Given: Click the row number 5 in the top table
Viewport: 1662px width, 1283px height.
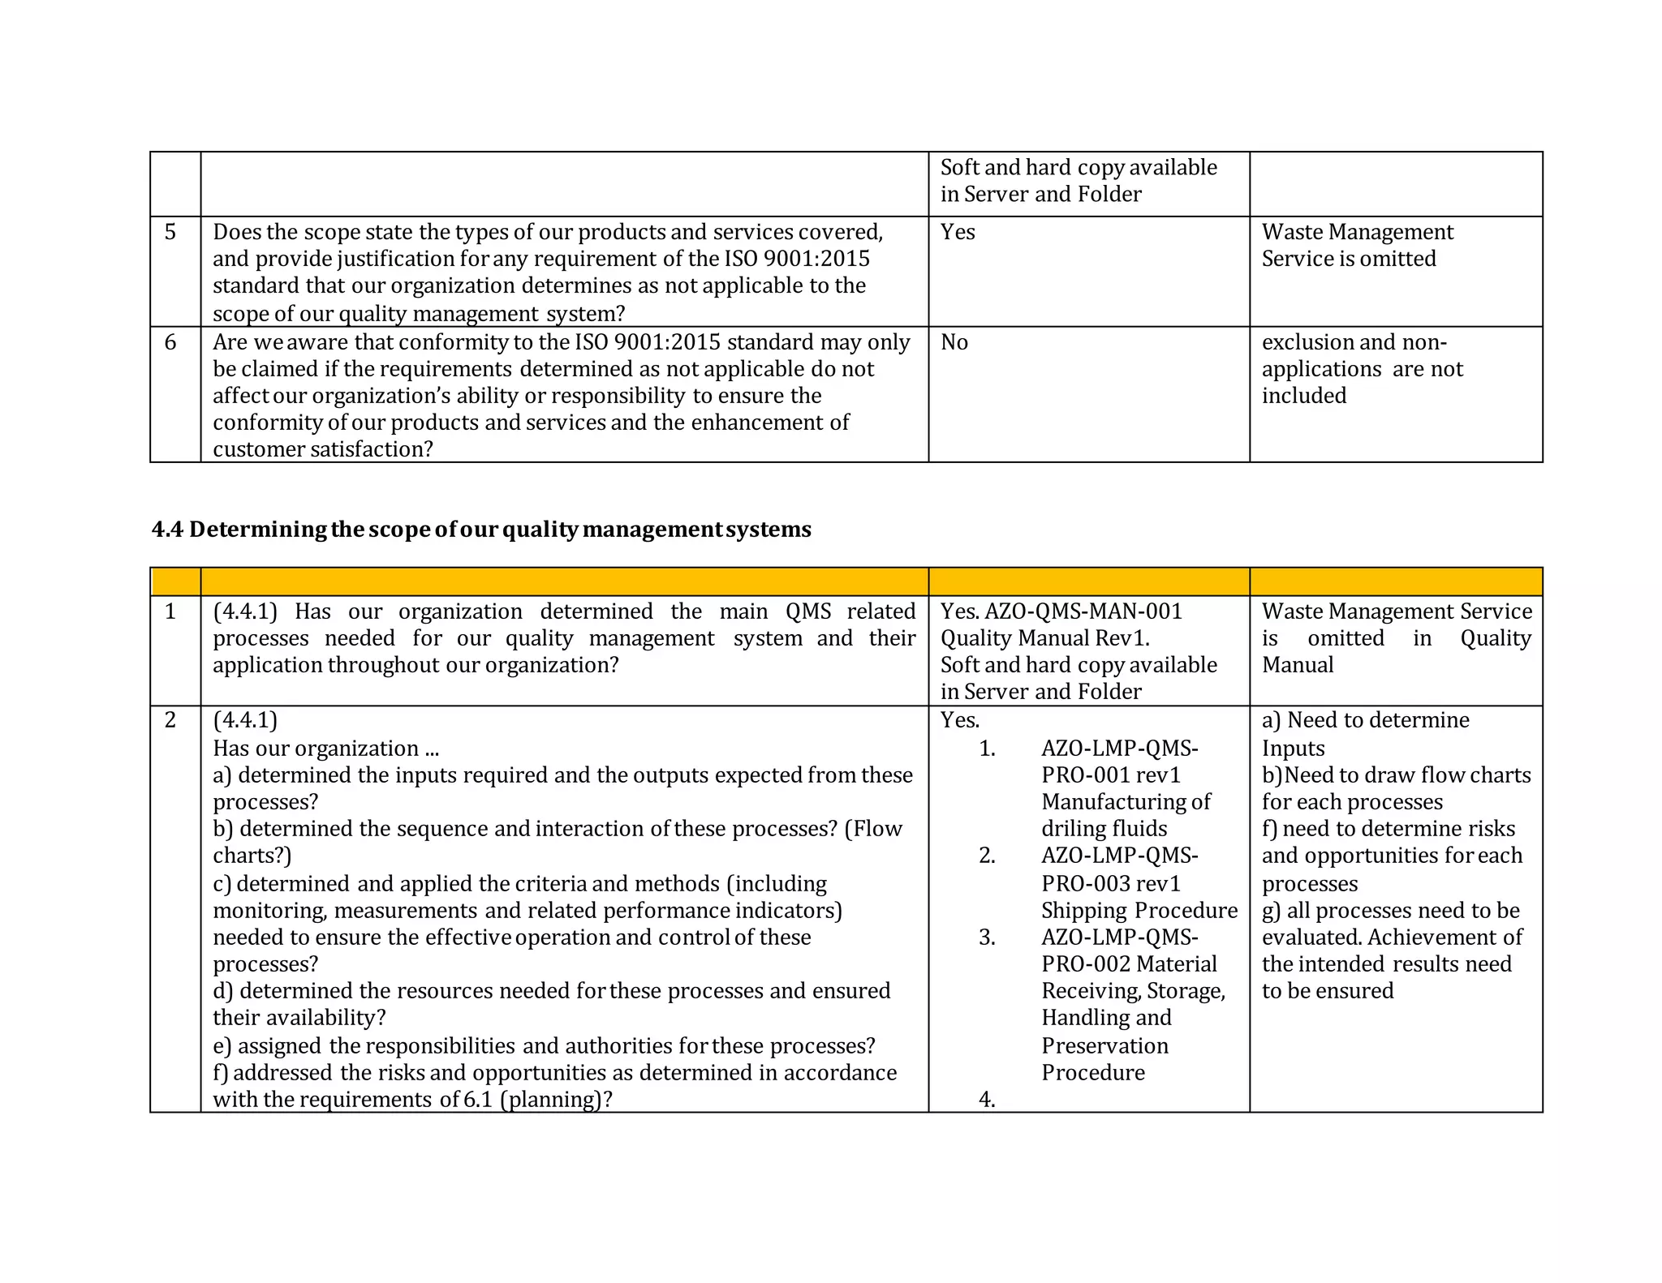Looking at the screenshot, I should pyautogui.click(x=170, y=232).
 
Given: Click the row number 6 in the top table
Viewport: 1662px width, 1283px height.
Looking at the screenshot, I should pyautogui.click(x=170, y=342).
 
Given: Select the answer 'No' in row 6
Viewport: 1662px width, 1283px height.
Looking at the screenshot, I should pyautogui.click(x=954, y=342).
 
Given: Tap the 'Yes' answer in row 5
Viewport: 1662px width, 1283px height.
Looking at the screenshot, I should pyautogui.click(x=958, y=232).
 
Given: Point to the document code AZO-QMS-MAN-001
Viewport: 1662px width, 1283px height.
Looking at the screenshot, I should pyautogui.click(x=1083, y=611).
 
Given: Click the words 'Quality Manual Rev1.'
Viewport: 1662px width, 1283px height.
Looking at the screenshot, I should pyautogui.click(x=1044, y=638).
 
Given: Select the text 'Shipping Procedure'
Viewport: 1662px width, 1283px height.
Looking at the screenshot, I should pyautogui.click(x=1139, y=910).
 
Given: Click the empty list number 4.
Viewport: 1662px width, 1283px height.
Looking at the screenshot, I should pyautogui.click(x=987, y=1100).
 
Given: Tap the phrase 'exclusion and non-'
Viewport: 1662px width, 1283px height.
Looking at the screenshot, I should pyautogui.click(x=1354, y=342).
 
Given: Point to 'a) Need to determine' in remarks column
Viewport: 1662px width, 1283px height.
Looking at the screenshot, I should pyautogui.click(x=1365, y=720).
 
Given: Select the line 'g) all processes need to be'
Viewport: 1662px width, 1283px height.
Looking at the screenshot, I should pyautogui.click(x=1390, y=910).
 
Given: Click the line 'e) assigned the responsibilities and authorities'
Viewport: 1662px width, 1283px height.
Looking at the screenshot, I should pyautogui.click(x=544, y=1046).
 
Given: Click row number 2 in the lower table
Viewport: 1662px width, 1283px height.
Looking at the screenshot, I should pyautogui.click(x=170, y=720).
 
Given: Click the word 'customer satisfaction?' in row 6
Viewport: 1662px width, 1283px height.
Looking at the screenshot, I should pyautogui.click(x=323, y=449).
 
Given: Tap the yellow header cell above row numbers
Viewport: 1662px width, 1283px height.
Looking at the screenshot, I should pyautogui.click(x=175, y=582).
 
